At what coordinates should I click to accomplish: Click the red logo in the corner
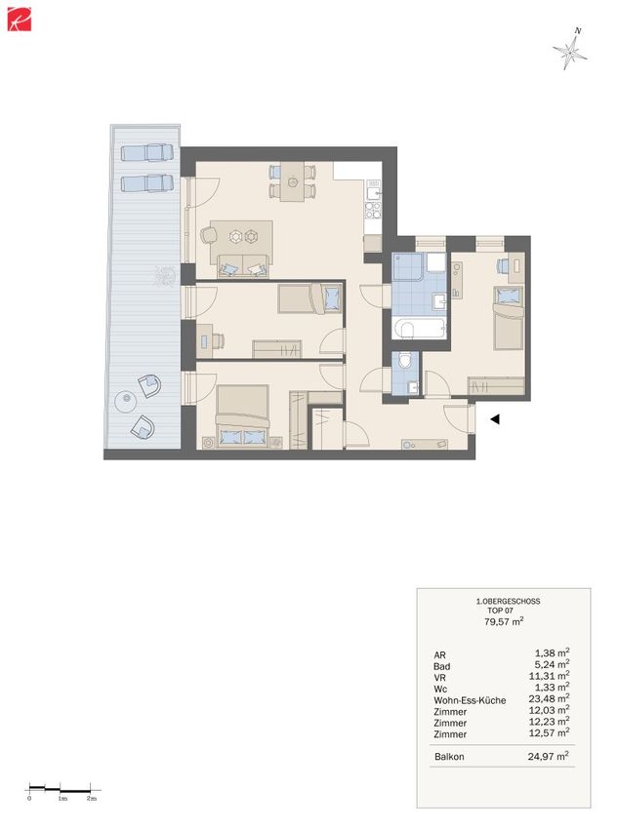[20, 19]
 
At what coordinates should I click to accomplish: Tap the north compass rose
[570, 50]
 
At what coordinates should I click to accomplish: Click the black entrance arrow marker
[495, 419]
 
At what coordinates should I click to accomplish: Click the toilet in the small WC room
[405, 361]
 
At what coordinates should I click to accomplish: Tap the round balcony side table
[127, 402]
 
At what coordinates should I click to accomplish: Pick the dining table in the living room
[293, 181]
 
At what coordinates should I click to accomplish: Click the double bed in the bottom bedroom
[242, 416]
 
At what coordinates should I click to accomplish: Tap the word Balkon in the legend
[449, 757]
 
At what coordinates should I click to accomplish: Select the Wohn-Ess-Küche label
[470, 700]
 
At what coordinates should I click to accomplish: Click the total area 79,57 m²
[504, 621]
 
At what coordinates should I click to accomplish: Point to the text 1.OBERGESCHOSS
[508, 601]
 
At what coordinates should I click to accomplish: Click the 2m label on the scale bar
[92, 798]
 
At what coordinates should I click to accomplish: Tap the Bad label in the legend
[442, 666]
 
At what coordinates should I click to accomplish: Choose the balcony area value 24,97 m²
[549, 756]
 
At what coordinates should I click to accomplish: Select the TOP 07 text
[500, 611]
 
